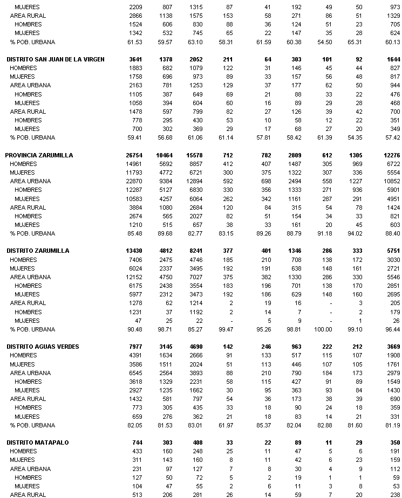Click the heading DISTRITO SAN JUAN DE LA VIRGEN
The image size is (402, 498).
pyautogui.click(x=55, y=59)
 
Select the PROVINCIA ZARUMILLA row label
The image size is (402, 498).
pyautogui.click(x=39, y=155)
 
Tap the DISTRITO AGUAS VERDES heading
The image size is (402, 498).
pyautogui.click(x=43, y=347)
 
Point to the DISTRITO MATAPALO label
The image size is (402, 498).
pyautogui.click(x=38, y=442)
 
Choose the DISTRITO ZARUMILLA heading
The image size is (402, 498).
pyautogui.click(x=38, y=251)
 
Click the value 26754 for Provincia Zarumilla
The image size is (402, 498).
pyautogui.click(x=134, y=155)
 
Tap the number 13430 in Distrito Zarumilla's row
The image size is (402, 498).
pyautogui.click(x=134, y=251)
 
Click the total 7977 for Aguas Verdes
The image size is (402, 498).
pyautogui.click(x=136, y=347)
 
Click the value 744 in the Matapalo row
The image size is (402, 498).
pyautogui.click(x=138, y=442)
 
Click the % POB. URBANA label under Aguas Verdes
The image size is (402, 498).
pyautogui.click(x=32, y=425)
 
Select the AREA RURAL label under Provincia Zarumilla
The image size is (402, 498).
pyautogui.click(x=28, y=207)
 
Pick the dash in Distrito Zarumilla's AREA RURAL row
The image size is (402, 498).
pyautogui.click(x=328, y=303)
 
